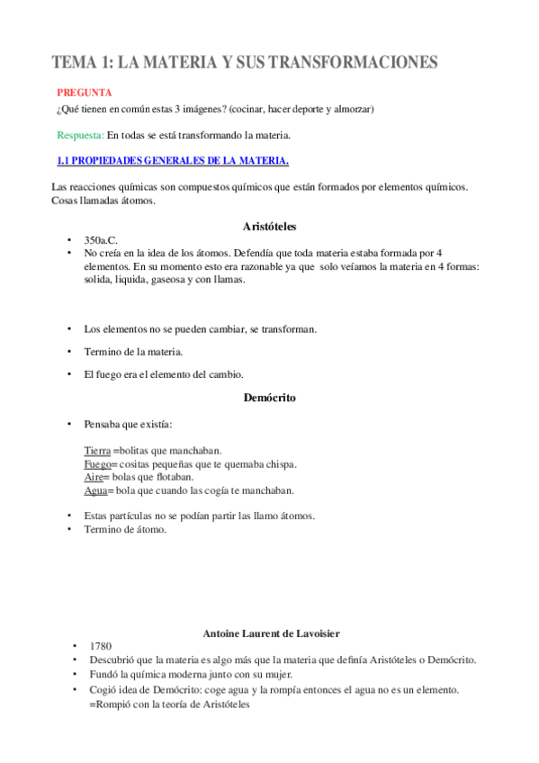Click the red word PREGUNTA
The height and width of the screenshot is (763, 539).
(84, 92)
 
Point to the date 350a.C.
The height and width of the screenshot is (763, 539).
(102, 241)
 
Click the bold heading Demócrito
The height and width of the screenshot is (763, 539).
(269, 397)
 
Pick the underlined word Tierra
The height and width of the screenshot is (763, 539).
(97, 450)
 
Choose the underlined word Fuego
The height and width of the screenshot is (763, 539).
(97, 463)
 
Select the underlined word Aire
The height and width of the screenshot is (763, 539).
(94, 477)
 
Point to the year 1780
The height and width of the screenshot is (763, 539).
(101, 646)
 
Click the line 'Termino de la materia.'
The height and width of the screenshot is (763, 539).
(133, 352)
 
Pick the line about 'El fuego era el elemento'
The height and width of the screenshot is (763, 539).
(163, 373)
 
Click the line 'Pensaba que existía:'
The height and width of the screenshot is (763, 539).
(128, 423)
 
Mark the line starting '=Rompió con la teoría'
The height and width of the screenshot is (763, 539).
(168, 705)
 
